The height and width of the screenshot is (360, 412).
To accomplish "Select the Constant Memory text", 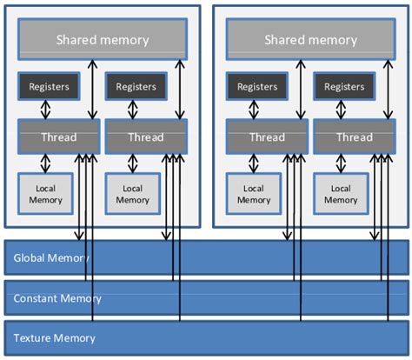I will click(x=57, y=298).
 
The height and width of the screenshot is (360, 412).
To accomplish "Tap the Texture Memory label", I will click(x=54, y=337).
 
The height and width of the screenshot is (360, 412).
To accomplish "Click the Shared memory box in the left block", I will click(x=103, y=40).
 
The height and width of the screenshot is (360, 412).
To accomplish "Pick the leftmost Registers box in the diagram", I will click(x=49, y=87).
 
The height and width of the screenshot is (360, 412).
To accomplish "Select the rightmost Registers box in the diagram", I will click(x=344, y=87).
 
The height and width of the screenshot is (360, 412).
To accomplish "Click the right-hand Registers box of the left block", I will click(x=136, y=87).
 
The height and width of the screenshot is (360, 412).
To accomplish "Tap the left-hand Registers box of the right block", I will click(x=257, y=87).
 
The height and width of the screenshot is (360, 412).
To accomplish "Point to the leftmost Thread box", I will click(x=57, y=137).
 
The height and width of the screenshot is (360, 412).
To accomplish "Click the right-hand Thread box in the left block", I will click(x=145, y=137).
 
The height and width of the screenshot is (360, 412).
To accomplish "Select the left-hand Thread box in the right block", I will click(x=266, y=137).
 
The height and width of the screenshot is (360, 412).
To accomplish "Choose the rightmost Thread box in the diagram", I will click(x=354, y=137).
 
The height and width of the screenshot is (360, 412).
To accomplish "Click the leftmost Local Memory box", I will click(x=45, y=194).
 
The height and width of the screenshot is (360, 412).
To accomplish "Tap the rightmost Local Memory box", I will click(x=341, y=194).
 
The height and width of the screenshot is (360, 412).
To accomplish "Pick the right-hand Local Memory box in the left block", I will click(x=132, y=194).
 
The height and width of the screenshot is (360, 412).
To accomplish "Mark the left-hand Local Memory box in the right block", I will click(x=254, y=194).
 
